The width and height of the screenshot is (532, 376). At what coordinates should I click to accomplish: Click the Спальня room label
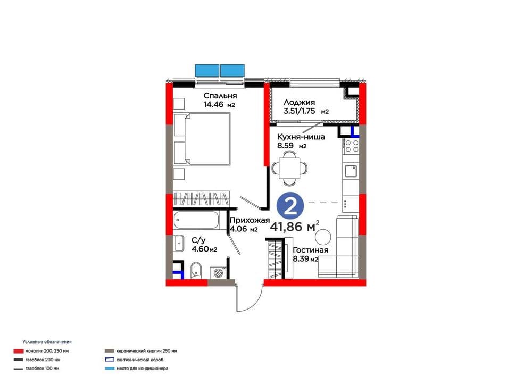click(x=220, y=96)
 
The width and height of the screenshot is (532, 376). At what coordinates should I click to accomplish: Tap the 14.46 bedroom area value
click(x=213, y=104)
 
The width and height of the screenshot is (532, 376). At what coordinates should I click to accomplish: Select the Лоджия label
click(x=299, y=102)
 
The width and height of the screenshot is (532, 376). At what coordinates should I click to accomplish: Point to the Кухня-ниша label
click(x=301, y=137)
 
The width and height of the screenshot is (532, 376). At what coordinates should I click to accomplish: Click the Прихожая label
click(x=250, y=220)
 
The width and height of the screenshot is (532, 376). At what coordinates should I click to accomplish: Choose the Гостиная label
click(x=311, y=250)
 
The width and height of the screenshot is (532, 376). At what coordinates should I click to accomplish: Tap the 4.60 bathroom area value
click(x=200, y=249)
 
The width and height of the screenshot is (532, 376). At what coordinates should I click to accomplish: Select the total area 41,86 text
click(x=286, y=227)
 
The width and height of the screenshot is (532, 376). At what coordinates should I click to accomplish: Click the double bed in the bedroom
click(x=202, y=139)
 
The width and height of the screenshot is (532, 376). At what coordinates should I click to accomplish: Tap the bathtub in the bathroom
click(x=196, y=221)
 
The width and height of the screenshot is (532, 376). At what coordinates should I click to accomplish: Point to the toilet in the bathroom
click(x=196, y=270)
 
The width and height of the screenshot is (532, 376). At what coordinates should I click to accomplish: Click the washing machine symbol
click(x=218, y=272)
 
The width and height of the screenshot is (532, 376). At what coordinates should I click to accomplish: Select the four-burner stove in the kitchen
click(x=352, y=146)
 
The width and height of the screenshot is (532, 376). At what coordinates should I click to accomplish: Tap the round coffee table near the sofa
click(x=323, y=236)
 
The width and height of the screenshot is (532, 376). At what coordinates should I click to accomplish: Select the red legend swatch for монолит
click(x=18, y=351)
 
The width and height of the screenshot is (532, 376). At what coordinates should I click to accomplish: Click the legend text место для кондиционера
click(x=142, y=369)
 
